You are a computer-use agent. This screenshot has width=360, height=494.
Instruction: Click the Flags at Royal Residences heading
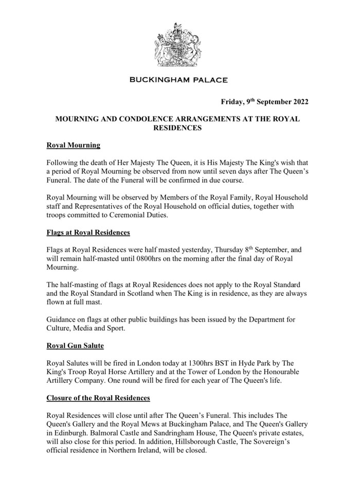[88, 232]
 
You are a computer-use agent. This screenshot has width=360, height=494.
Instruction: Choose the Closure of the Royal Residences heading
[98, 398]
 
